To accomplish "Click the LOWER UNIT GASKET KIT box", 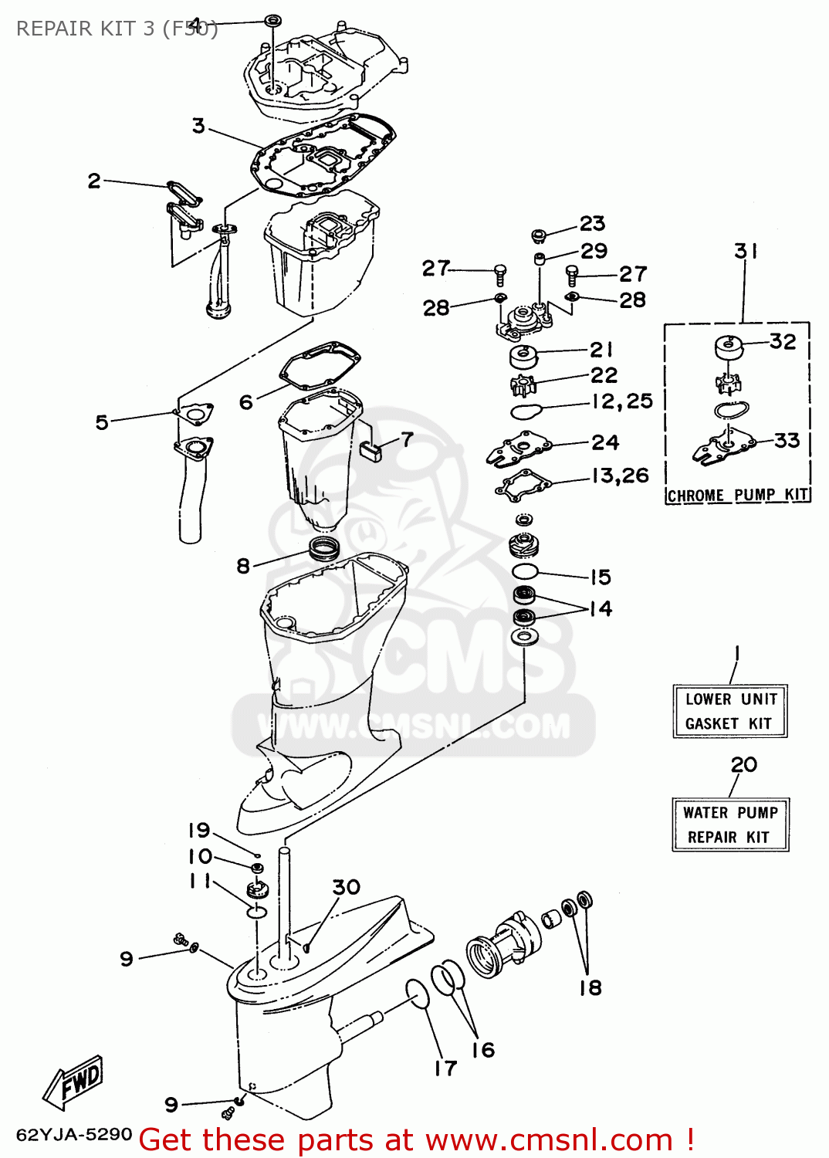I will click(x=730, y=711).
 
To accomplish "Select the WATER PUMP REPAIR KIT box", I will click(x=730, y=824).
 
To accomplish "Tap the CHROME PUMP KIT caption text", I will click(x=738, y=496).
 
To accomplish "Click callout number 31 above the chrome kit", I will click(x=746, y=251).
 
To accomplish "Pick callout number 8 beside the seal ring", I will click(x=243, y=566).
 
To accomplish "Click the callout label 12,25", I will click(x=622, y=401).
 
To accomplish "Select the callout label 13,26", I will click(x=621, y=476).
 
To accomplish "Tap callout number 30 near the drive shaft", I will click(x=347, y=887).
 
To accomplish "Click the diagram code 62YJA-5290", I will click(x=74, y=1134).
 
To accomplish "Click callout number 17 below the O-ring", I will click(x=445, y=1068).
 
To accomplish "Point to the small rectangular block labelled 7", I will click(x=371, y=451).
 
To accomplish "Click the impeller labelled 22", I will click(x=523, y=384).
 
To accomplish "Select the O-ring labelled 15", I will click(x=525, y=571).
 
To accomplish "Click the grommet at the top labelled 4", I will click(x=272, y=19).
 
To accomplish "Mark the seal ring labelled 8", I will click(x=324, y=549).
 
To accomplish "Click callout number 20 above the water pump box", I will click(x=744, y=764).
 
